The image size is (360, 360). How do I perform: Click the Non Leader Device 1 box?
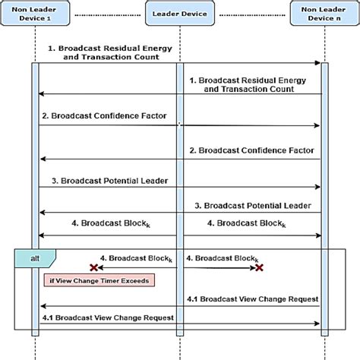36,13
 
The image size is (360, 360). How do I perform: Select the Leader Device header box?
180,13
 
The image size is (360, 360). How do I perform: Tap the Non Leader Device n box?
323,13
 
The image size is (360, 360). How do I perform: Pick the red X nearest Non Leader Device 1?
94,267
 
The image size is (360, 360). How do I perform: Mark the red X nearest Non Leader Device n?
259,267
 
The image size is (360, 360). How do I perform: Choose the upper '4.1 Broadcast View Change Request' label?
253,298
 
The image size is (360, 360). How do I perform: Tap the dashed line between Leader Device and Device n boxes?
251,13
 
